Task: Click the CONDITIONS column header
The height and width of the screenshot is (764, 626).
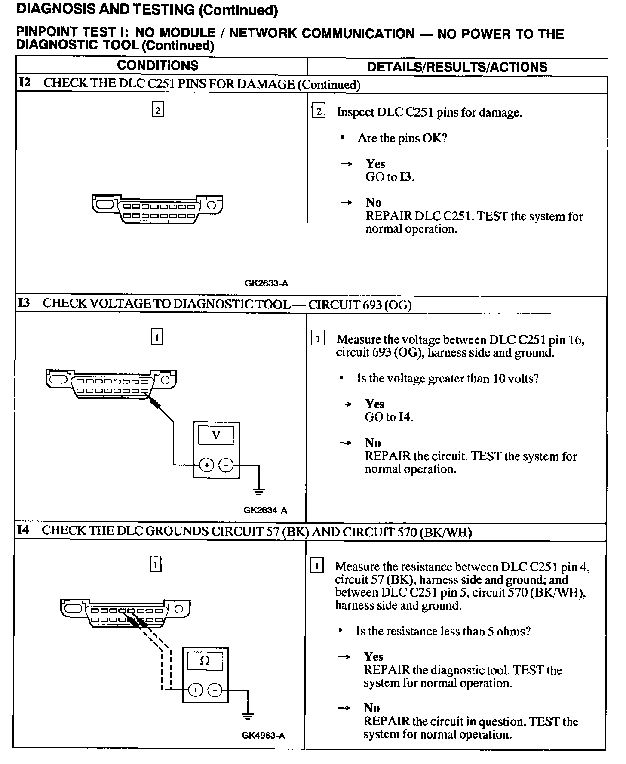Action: tap(158, 66)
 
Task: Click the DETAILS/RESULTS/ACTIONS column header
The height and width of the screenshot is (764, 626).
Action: tap(457, 67)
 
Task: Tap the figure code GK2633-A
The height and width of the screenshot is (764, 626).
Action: tap(266, 283)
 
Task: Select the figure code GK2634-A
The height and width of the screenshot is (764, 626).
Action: tap(265, 511)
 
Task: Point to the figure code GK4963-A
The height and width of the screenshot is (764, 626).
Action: tap(263, 736)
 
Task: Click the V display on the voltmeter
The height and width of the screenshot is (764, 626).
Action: tap(216, 435)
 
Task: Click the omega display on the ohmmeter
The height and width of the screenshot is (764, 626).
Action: tap(205, 661)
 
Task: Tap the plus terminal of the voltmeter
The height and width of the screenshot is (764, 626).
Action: tap(207, 465)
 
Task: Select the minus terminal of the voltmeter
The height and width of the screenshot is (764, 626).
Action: tap(226, 465)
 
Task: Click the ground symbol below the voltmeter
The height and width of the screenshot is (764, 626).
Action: tap(259, 491)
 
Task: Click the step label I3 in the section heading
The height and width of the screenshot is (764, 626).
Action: tap(24, 303)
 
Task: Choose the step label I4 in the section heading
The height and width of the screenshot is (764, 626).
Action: tap(23, 530)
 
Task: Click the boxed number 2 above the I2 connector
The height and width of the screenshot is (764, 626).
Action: tap(158, 110)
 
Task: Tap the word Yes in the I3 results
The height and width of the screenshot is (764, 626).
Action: tap(375, 404)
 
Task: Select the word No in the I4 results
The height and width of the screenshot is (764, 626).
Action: tap(372, 708)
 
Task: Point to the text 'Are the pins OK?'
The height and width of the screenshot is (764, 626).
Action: tap(402, 138)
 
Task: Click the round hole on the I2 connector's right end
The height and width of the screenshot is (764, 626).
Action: tap(212, 204)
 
